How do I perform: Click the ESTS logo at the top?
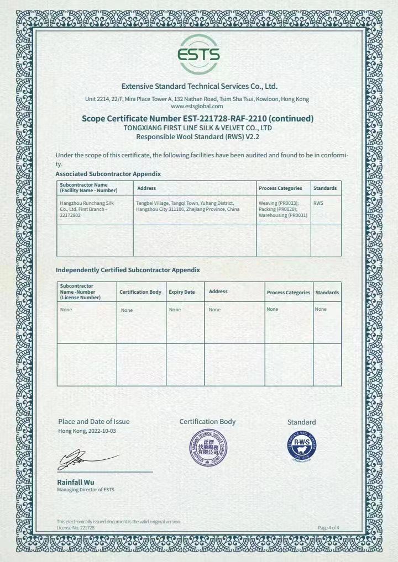click(199, 54)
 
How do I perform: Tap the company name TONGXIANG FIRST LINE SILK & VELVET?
click(198, 128)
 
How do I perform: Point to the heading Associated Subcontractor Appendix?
click(108, 174)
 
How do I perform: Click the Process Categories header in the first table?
click(280, 188)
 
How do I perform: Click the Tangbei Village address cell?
click(187, 206)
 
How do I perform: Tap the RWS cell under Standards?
click(318, 203)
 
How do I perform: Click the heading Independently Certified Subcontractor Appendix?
click(128, 270)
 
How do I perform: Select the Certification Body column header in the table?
click(140, 292)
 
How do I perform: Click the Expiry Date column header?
click(182, 292)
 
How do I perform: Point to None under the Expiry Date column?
click(175, 310)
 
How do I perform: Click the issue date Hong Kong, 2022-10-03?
click(87, 431)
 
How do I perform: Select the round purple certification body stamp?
click(208, 447)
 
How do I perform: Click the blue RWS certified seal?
click(301, 446)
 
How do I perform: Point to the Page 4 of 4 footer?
click(328, 528)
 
